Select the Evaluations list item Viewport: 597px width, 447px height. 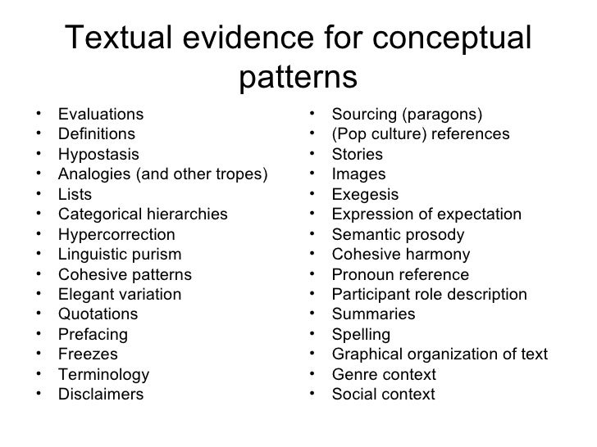100,115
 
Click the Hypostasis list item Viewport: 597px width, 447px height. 98,155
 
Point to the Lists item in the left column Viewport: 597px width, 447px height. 75,195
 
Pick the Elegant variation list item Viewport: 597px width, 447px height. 120,295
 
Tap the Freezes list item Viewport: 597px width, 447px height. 88,354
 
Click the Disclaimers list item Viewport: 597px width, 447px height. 101,395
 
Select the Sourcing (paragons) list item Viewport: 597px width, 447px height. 407,114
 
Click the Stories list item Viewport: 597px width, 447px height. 357,154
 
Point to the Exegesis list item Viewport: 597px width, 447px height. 365,195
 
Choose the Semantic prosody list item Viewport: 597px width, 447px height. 397,234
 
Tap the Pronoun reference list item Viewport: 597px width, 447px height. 400,274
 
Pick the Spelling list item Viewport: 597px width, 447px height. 361,335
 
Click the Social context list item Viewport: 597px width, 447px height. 383,395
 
